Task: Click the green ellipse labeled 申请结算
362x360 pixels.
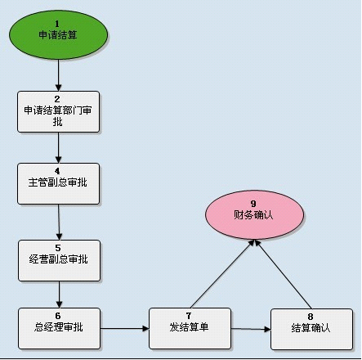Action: [x=59, y=35]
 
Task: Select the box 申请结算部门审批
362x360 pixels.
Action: [x=58, y=112]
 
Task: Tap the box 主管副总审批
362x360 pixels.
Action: [x=58, y=183]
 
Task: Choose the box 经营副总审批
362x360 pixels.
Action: [x=59, y=260]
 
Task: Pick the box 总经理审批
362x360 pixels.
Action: [x=59, y=328]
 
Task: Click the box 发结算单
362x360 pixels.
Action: [x=190, y=328]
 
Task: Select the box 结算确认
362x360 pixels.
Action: [x=311, y=329]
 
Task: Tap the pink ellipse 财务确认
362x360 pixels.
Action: [x=254, y=215]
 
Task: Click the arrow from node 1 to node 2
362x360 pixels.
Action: [x=58, y=75]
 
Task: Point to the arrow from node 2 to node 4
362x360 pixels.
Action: [x=58, y=148]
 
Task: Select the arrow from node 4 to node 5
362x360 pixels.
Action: [x=59, y=223]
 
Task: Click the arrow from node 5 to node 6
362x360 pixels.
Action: [x=59, y=295]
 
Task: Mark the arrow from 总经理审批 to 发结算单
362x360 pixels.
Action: [x=125, y=328]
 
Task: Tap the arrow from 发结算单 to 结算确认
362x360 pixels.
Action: [x=251, y=329]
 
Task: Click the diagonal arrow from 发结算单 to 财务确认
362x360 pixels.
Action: [x=222, y=274]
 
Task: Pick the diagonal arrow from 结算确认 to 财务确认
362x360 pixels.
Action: [x=284, y=274]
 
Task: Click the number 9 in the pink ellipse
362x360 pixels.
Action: [x=253, y=204]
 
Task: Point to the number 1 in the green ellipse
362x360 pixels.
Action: [x=57, y=24]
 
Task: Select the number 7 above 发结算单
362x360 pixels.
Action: [x=189, y=316]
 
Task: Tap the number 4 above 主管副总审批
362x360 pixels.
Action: [x=57, y=171]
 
